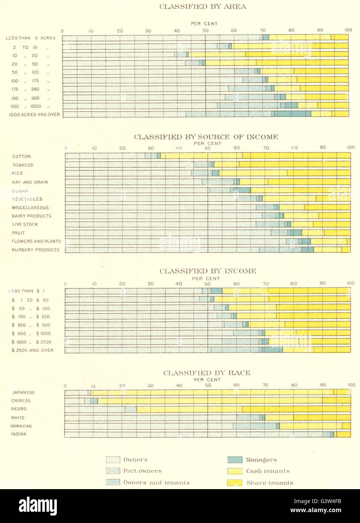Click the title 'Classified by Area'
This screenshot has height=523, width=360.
point(203,7)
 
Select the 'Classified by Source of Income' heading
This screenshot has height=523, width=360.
point(206,137)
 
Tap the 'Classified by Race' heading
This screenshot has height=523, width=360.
point(207,373)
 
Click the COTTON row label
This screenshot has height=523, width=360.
point(21,157)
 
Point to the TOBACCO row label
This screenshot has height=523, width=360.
point(23,165)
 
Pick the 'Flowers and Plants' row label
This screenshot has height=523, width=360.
point(36,242)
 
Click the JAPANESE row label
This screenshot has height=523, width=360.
point(23,392)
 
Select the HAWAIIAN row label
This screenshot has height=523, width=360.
point(21,426)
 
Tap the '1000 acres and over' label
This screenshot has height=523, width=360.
point(34,114)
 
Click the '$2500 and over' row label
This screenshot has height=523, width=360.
point(32,350)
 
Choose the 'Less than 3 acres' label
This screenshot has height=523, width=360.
point(31,38)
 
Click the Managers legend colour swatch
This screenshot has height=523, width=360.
point(235,460)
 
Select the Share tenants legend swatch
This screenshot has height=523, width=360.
point(235,483)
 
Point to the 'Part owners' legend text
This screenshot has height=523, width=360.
point(142,471)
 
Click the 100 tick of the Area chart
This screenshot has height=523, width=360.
point(348,30)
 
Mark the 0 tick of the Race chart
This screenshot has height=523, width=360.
point(65,386)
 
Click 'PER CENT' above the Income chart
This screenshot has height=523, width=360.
point(206,279)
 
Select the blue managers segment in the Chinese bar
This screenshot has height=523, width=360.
point(94,401)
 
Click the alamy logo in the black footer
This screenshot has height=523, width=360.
point(38,506)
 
